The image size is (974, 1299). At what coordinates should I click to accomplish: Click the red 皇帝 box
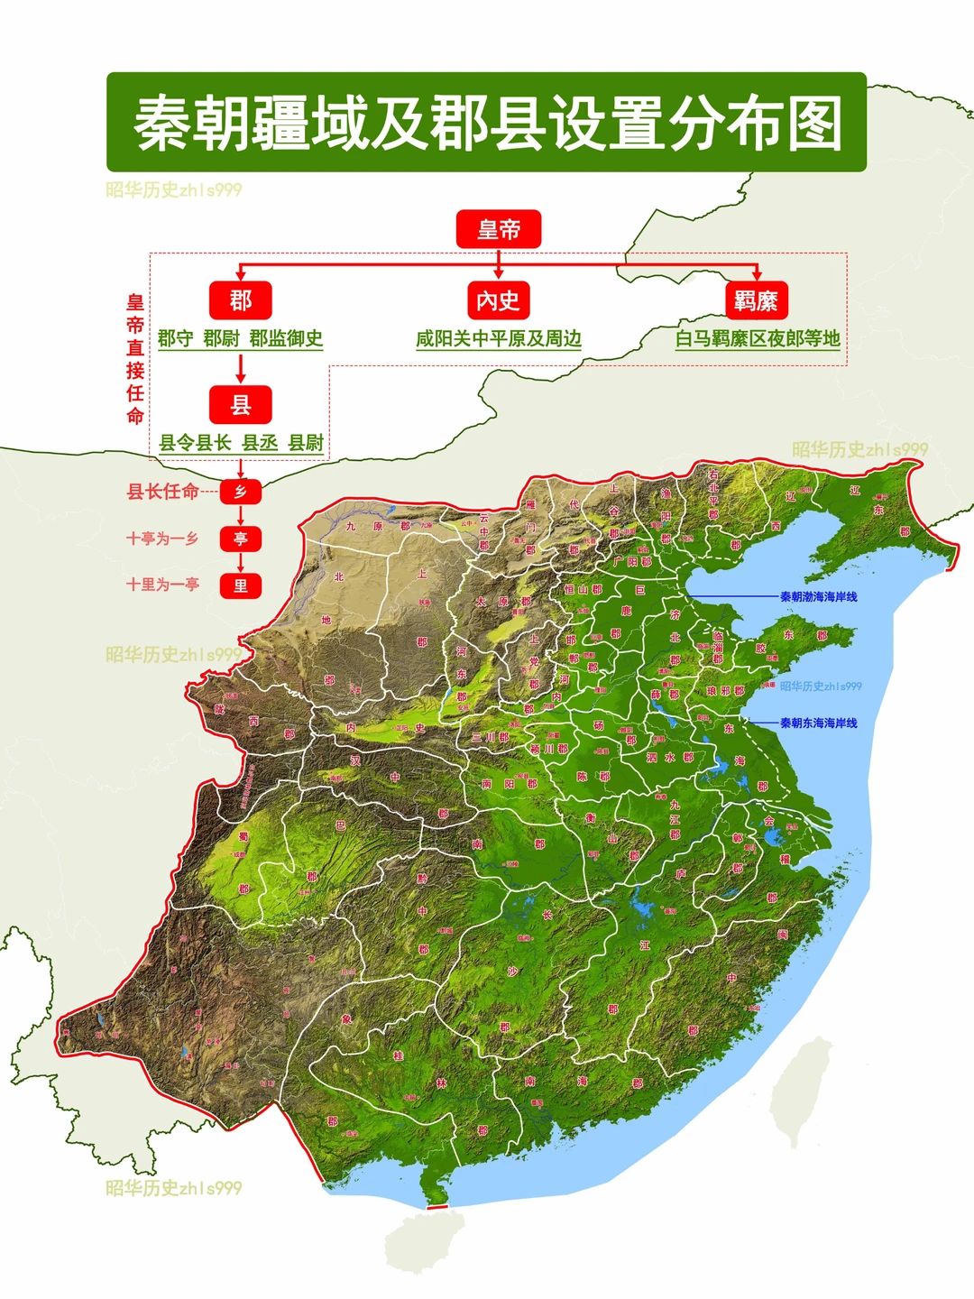(x=498, y=229)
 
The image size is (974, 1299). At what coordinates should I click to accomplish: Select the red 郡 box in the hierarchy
(x=240, y=300)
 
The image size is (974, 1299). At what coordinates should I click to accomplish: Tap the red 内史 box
(x=498, y=300)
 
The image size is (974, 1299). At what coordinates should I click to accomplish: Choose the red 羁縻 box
(x=756, y=300)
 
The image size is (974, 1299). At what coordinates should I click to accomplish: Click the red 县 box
(x=240, y=405)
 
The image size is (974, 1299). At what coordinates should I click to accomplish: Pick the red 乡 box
(x=240, y=492)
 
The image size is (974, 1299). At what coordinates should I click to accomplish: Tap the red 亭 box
(x=240, y=539)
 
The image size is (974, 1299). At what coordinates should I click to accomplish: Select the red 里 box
(x=240, y=585)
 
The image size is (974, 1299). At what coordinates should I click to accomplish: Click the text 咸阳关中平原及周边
(x=498, y=339)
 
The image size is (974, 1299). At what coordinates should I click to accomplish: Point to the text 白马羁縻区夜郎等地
(x=758, y=339)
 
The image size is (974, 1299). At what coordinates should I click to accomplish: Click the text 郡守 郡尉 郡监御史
(x=240, y=339)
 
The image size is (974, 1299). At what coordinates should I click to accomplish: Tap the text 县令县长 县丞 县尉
(x=241, y=443)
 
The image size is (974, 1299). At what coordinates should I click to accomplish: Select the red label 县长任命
(x=162, y=492)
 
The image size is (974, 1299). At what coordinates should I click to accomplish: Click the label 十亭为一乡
(x=162, y=539)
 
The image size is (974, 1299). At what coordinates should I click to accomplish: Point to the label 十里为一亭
(x=162, y=585)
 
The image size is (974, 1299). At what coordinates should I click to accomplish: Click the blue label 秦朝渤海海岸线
(x=818, y=597)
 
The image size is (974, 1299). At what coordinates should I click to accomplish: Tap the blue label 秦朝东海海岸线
(x=818, y=723)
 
